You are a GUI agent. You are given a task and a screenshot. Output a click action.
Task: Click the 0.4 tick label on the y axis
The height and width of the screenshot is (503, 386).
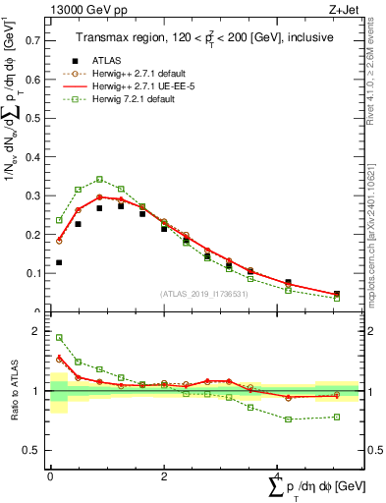34,156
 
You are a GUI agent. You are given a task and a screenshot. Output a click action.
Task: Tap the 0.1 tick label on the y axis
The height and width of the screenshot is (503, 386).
34,273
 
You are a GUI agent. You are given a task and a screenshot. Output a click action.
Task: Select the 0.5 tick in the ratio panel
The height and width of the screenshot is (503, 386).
34,450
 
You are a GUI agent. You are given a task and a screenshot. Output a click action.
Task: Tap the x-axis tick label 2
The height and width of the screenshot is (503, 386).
163,476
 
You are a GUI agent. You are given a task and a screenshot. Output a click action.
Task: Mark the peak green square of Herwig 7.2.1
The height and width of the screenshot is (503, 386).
99,179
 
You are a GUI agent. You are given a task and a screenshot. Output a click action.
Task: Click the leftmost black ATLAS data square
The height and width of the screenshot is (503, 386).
60,262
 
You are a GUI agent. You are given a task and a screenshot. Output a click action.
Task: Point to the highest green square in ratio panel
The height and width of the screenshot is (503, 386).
60,337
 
